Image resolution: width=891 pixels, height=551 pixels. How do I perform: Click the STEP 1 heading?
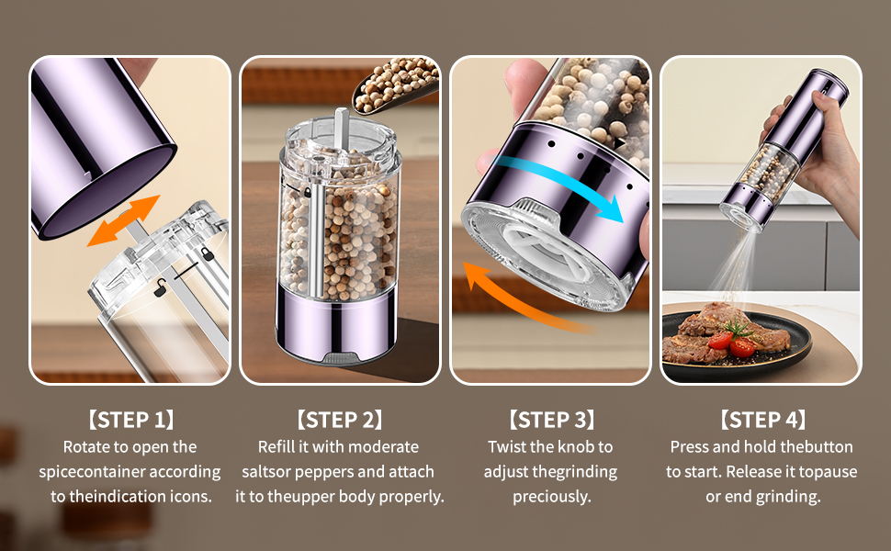pyautogui.click(x=130, y=421)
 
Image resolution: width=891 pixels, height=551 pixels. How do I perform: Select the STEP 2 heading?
pyautogui.click(x=339, y=421)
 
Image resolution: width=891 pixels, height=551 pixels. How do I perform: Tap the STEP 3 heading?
pyautogui.click(x=551, y=421)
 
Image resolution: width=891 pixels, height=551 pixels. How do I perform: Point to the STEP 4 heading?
pyautogui.click(x=761, y=421)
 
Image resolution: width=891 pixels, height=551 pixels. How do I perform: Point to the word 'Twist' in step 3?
pyautogui.click(x=509, y=447)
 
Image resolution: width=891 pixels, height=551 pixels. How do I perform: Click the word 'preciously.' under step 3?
pyautogui.click(x=551, y=497)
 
